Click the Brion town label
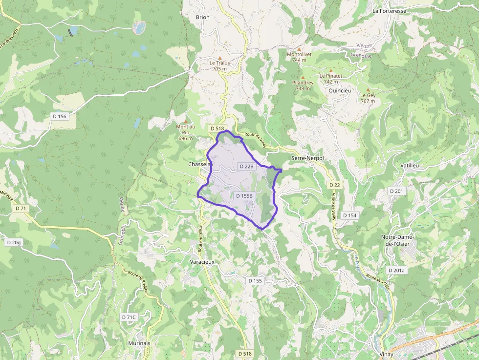202,18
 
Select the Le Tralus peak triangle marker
219,57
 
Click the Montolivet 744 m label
300,57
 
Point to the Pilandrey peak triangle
303,78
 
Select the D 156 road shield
59,116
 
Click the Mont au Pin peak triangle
185,121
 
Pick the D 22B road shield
247,167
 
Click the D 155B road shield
244,196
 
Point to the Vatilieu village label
410,166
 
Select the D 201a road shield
396,270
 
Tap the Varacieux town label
202,262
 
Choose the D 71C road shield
129,318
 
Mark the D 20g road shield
14,242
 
